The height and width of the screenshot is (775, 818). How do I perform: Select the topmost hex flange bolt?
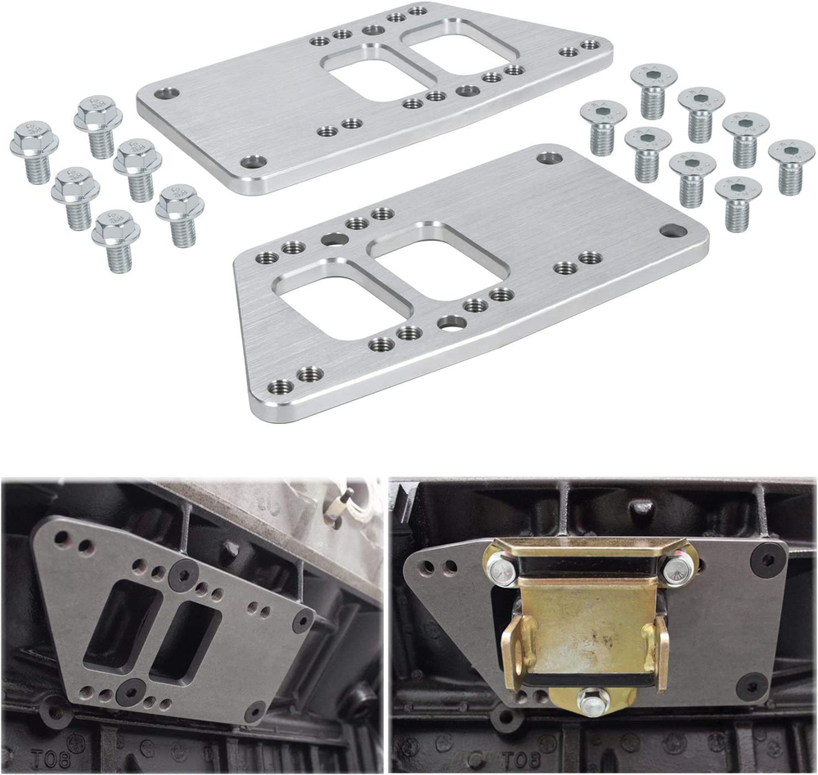[98, 124]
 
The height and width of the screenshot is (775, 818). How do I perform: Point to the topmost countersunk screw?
[653, 90]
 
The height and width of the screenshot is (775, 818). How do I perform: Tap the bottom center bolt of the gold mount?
[591, 701]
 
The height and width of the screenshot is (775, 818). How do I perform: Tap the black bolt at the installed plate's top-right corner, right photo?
[767, 559]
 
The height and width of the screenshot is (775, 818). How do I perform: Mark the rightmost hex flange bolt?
[180, 214]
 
